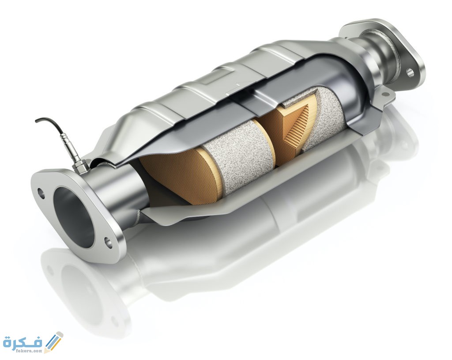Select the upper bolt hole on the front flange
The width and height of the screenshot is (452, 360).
point(41,193)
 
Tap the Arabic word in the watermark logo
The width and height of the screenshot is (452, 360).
point(23,343)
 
